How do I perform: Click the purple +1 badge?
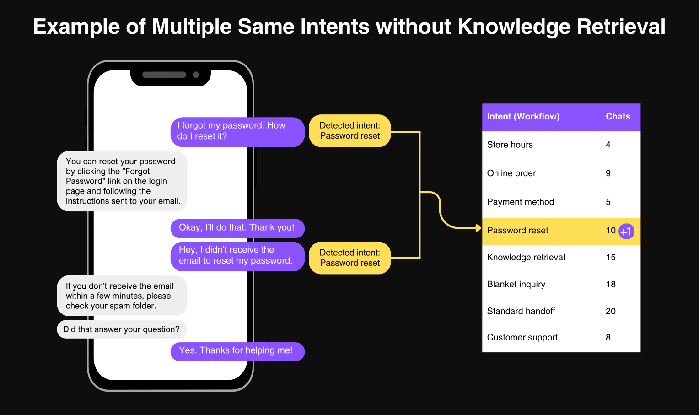coord(626,232)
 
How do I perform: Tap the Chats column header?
coord(618,116)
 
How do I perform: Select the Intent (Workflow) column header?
coord(523,116)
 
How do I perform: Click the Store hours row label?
coord(510,145)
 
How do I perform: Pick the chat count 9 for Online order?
coord(608,173)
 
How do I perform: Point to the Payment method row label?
coord(521,202)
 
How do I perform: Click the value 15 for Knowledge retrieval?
coord(611,257)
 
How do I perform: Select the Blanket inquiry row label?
coord(516,284)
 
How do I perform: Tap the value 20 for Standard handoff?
coord(611,311)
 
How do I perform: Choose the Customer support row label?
coord(522,337)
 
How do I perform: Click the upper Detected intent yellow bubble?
coord(350,130)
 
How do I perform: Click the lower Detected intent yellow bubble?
coord(350,258)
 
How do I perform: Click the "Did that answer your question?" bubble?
coord(122,329)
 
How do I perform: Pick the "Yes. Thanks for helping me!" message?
coord(237,351)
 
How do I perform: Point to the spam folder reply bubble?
coord(122,296)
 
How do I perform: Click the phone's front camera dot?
coord(196,75)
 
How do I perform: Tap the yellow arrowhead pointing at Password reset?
coord(479,228)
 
